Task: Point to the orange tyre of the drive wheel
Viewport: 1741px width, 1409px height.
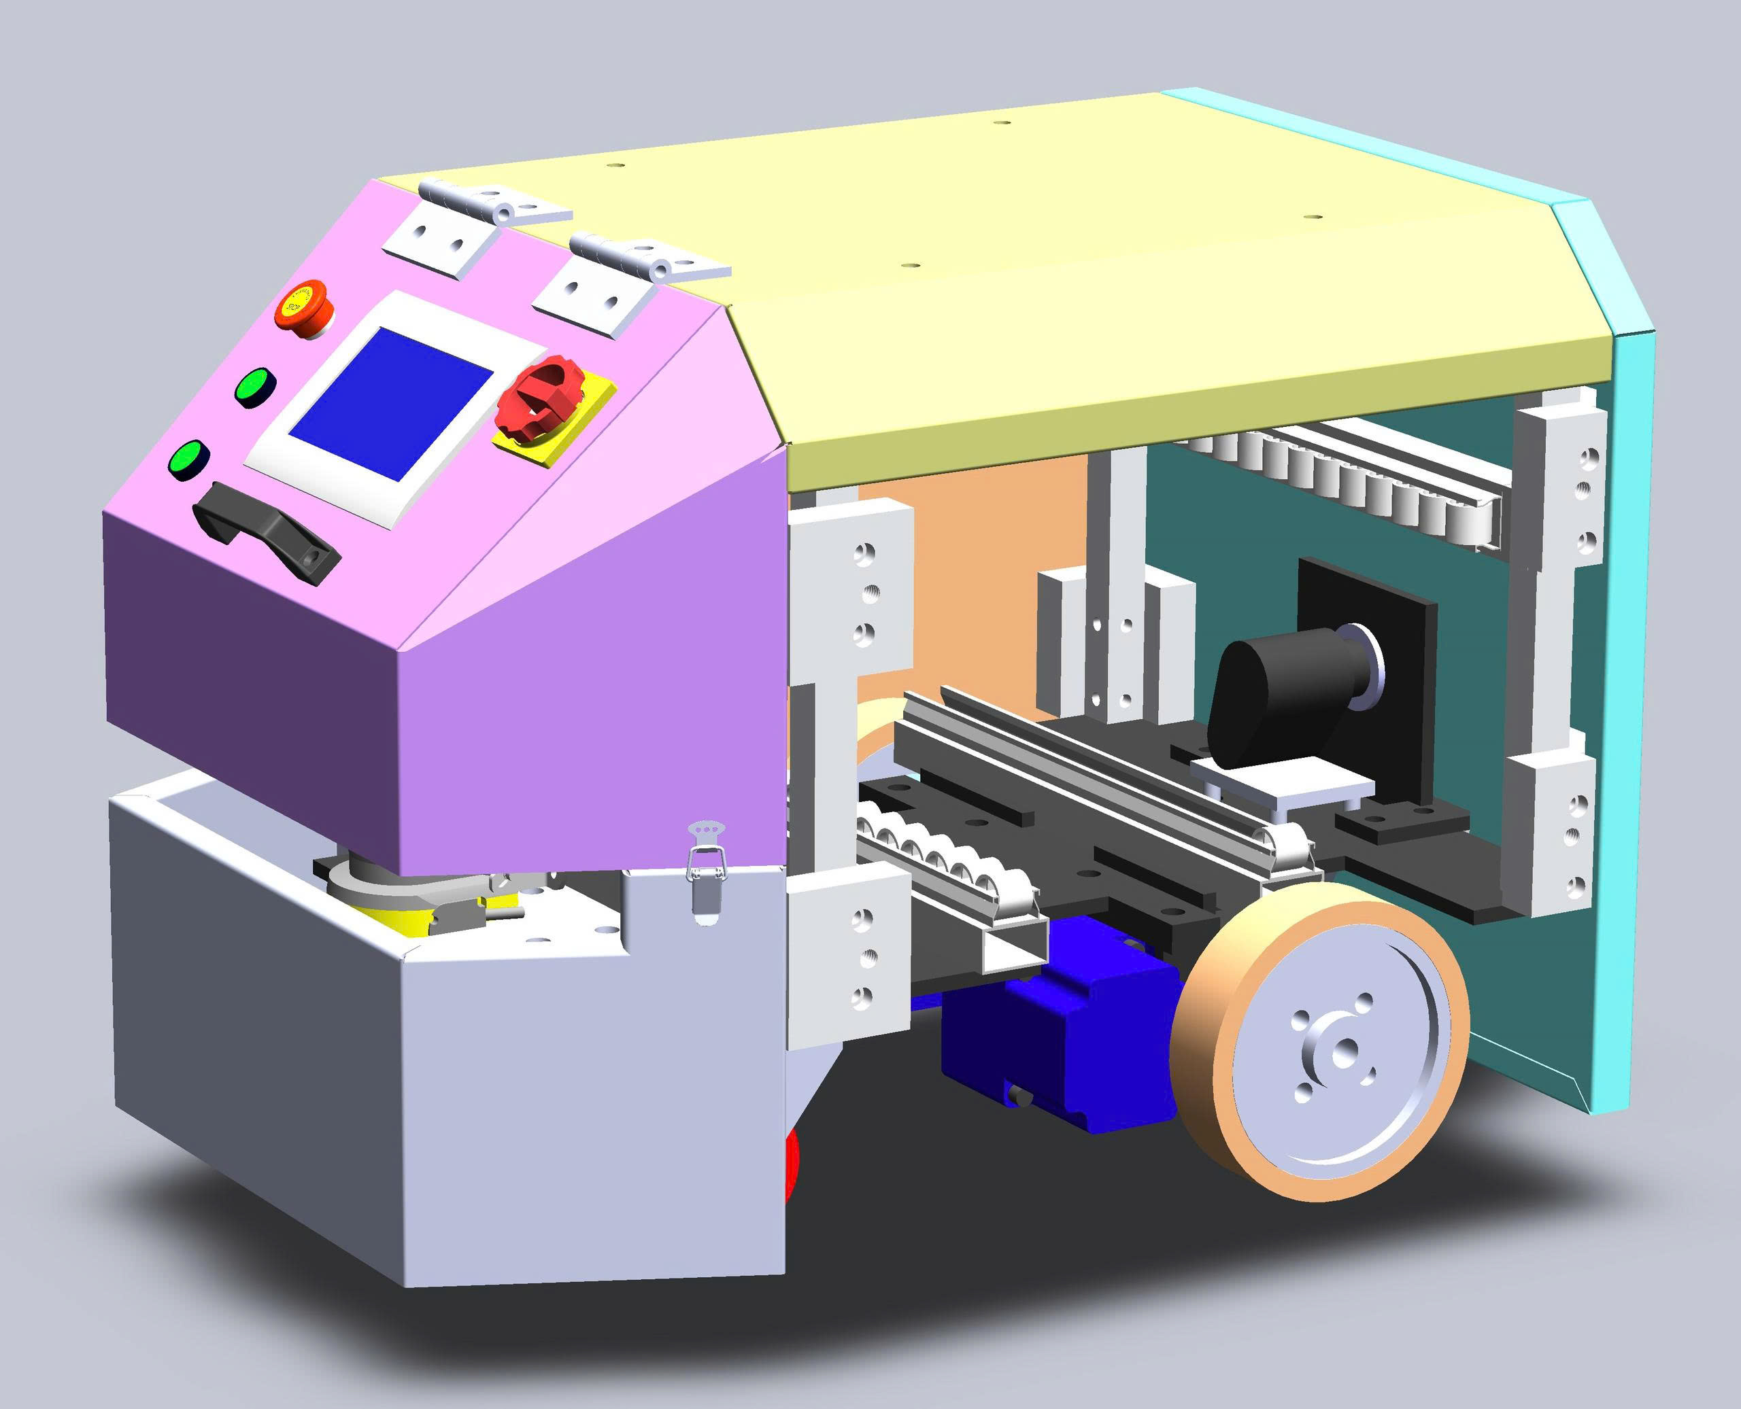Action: [1218, 1136]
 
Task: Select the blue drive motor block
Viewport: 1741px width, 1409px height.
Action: [1055, 1031]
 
